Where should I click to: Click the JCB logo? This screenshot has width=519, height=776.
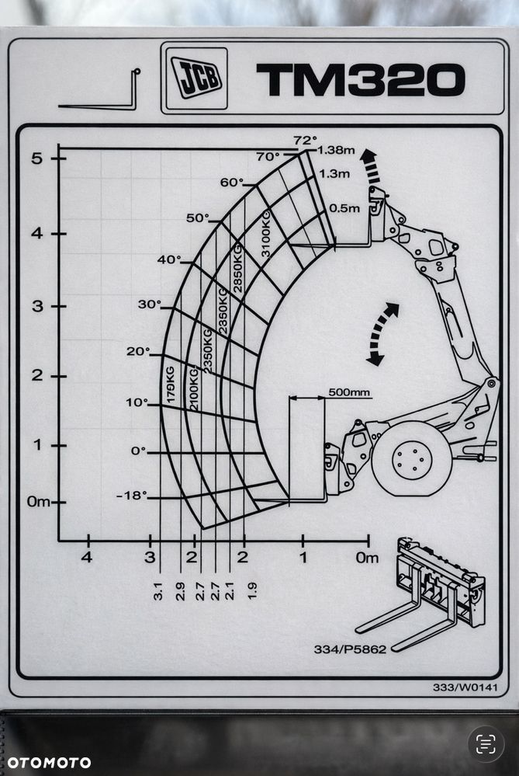[196, 78]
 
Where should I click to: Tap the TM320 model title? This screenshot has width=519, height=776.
[360, 80]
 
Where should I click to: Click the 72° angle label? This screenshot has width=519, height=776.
[305, 140]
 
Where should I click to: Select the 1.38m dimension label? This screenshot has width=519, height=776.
[337, 149]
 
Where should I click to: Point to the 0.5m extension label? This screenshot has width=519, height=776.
[344, 208]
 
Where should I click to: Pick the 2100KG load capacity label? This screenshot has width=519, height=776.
[192, 388]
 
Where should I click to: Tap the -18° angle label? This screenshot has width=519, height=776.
[131, 496]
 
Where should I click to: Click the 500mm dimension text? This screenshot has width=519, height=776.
[349, 392]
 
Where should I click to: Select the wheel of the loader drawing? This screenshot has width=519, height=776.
[411, 459]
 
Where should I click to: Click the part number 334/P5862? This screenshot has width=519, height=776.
[350, 649]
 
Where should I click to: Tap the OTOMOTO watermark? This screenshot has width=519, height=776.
[46, 762]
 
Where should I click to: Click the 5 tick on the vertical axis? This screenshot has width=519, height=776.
[36, 158]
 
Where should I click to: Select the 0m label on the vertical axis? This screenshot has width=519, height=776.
[38, 502]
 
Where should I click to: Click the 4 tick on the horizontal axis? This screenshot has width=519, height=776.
[87, 557]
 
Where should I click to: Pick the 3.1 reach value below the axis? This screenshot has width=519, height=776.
[158, 590]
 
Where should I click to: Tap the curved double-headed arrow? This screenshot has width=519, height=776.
[382, 334]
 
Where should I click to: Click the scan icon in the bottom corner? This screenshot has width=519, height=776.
[486, 744]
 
